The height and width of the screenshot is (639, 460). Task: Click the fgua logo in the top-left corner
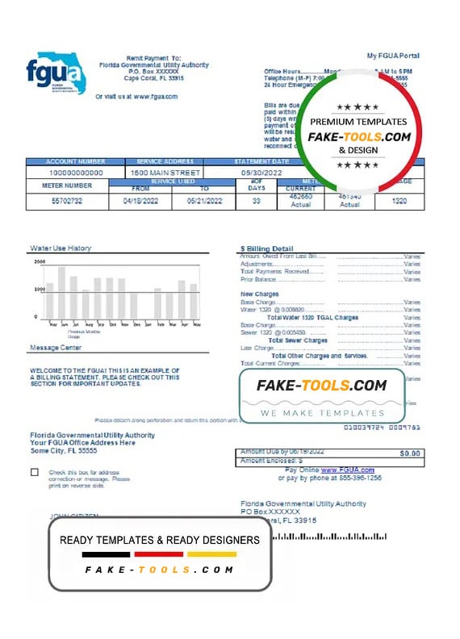pos(55,74)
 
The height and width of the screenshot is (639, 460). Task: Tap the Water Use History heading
pos(61,248)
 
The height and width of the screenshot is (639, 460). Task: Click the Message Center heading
pos(56,348)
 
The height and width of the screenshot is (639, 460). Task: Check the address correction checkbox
pos(34,472)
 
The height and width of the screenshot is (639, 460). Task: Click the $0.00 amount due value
pos(410,453)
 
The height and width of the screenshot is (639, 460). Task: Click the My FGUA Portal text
pos(393,56)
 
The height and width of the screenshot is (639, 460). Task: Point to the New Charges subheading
pos(258,294)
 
